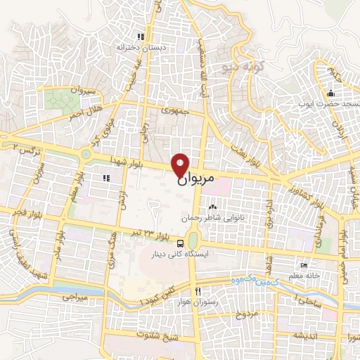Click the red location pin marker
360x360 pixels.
[181, 165]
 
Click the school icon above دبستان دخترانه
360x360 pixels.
[141, 37]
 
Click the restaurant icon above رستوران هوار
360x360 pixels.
[198, 291]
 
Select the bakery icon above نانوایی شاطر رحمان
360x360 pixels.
[212, 207]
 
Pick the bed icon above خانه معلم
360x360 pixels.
[303, 265]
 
